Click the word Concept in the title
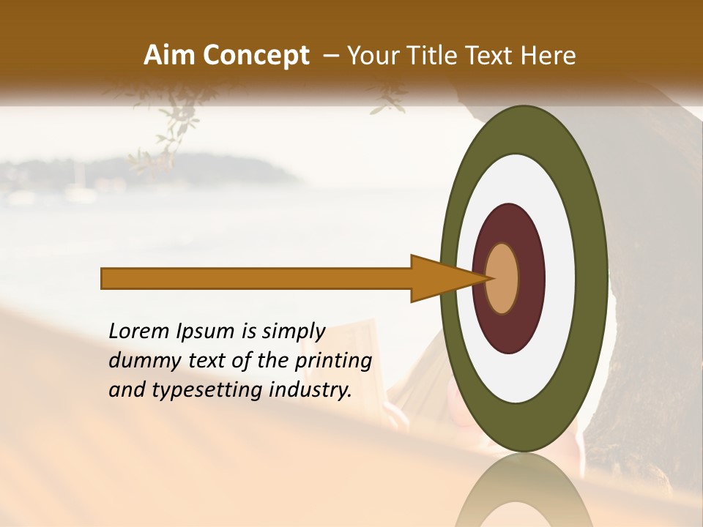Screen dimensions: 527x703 point(256,56)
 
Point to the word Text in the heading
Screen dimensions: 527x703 point(496,56)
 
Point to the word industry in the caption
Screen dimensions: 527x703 point(310,390)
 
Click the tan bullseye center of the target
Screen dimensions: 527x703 point(502,279)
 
